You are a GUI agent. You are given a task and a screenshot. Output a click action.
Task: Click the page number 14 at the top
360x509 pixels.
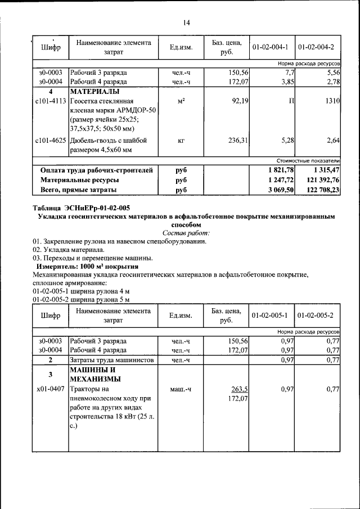coord(186,22)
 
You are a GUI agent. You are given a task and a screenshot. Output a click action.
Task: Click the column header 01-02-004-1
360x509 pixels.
coord(271,47)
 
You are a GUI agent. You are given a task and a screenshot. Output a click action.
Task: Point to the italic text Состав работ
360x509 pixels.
coord(186,232)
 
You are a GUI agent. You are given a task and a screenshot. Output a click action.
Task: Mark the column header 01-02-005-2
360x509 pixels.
coord(316,315)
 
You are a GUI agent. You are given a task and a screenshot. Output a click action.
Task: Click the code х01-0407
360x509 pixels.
coord(50,389)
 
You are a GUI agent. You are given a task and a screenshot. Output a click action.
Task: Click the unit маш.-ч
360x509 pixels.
coord(181,389)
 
